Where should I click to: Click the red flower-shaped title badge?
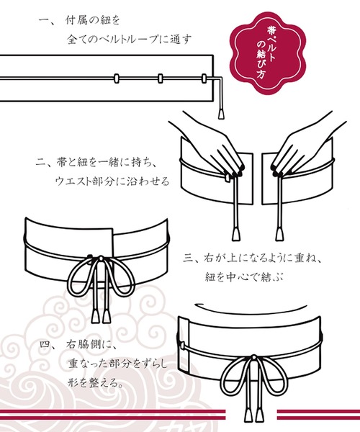(268, 53)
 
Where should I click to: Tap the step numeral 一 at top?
(44, 20)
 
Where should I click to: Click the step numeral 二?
(41, 162)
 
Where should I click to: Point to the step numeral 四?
(45, 344)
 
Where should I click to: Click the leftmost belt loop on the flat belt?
(116, 78)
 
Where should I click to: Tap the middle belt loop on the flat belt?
(160, 78)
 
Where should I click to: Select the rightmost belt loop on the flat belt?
(204, 78)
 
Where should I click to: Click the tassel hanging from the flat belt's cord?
(220, 114)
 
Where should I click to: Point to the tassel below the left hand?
(236, 233)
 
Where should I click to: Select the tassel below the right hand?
(280, 233)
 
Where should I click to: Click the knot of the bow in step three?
(101, 258)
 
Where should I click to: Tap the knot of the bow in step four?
(253, 358)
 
